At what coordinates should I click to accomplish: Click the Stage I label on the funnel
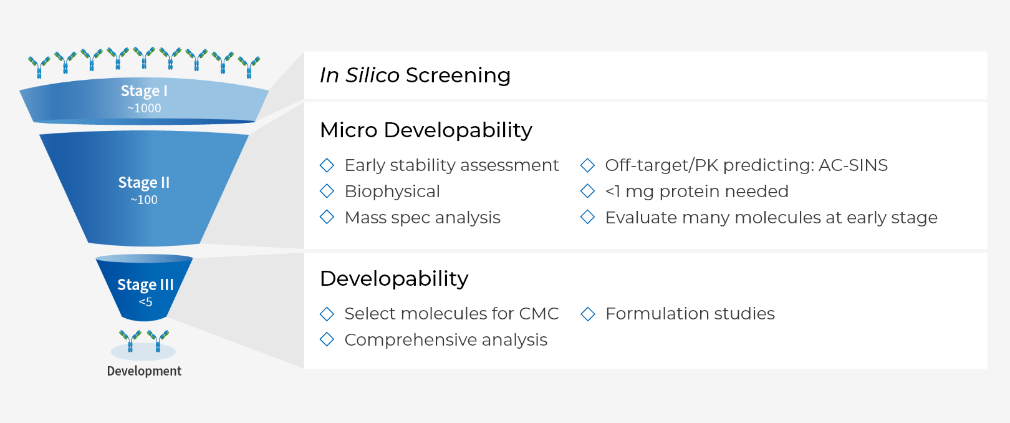point(144,90)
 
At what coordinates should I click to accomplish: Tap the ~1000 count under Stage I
point(144,109)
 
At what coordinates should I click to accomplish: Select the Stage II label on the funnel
point(144,182)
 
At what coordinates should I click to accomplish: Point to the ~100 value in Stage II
point(144,200)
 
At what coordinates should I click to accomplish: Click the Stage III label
point(145,285)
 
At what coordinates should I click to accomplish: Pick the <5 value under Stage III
point(145,302)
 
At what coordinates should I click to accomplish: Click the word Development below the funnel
point(144,371)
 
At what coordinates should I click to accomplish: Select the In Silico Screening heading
point(415,75)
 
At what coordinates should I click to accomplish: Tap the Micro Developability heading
point(426,130)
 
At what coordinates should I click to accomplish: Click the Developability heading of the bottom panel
point(393,278)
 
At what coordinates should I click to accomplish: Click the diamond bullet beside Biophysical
point(327,192)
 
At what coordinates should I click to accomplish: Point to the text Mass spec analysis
point(423,218)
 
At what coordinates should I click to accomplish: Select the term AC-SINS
point(853,165)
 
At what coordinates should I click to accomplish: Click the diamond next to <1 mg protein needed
point(587,192)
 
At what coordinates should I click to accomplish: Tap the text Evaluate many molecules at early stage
point(771,218)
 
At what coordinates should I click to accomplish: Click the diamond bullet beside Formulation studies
point(587,314)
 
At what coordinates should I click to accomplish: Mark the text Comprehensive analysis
point(446,340)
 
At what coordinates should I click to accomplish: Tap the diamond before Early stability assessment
point(327,165)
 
